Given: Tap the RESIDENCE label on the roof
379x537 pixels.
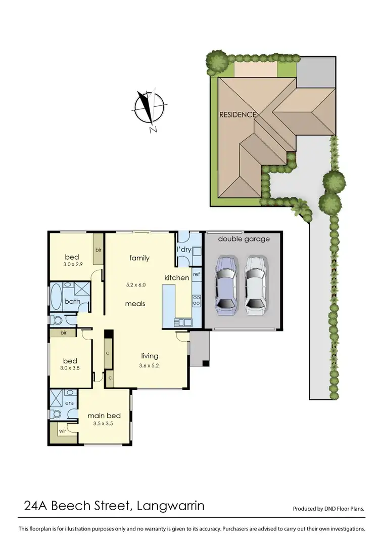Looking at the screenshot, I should (x=238, y=115).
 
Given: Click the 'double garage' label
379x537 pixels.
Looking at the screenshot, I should (x=244, y=239).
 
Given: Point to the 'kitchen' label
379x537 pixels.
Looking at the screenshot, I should (x=177, y=277).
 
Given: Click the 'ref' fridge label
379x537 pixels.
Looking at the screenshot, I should (x=197, y=274).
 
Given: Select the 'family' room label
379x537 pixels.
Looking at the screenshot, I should (x=139, y=258).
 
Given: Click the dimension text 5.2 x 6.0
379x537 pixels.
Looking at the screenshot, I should (x=135, y=284).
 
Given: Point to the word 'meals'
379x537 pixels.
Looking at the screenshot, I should (x=135, y=304).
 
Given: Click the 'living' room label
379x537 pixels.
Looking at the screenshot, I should (x=150, y=356).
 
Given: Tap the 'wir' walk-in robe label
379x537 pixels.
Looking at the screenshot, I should (x=62, y=431).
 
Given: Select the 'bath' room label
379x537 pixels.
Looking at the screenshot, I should (x=72, y=302).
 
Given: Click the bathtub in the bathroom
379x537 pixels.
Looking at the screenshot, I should (x=56, y=296).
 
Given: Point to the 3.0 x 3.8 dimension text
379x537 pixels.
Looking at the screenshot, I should (x=70, y=368).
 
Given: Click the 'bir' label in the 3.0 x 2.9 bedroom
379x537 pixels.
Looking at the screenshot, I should (x=98, y=250).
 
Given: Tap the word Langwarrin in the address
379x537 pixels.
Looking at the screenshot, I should (x=170, y=505).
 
